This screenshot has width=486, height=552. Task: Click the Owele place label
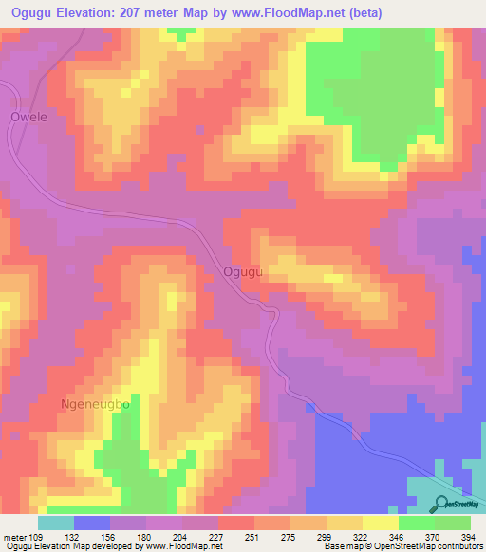(x=28, y=118)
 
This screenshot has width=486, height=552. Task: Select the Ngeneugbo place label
(x=94, y=404)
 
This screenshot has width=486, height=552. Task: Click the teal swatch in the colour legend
(x=56, y=523)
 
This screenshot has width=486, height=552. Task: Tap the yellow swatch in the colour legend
(x=345, y=523)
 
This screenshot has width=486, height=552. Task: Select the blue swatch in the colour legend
(x=92, y=523)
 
